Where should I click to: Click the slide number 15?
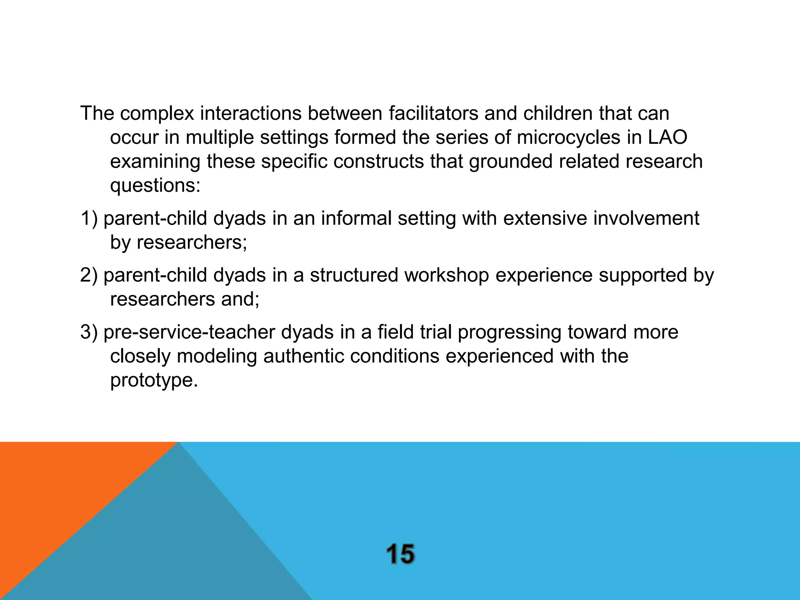(400, 554)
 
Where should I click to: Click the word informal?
(356, 218)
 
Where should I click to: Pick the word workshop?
(446, 275)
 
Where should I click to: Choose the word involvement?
(646, 218)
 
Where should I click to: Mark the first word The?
(97, 113)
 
